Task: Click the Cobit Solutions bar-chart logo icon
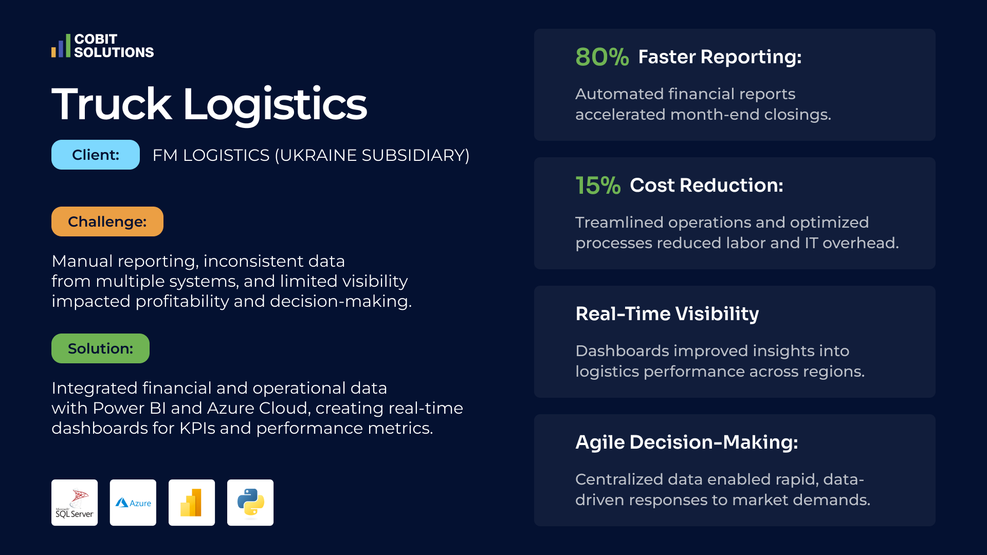61,46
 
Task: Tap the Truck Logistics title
209,104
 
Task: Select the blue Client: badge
96,155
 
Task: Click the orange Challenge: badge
107,221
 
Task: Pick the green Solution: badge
100,348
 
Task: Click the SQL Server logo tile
75,503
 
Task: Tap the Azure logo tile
133,503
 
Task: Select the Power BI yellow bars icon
192,503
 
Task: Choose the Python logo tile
250,503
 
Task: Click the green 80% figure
602,57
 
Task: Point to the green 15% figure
598,186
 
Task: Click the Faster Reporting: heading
720,57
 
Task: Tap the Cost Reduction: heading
706,186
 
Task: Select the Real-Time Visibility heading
667,314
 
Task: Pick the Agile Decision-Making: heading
687,442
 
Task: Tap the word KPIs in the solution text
197,428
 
